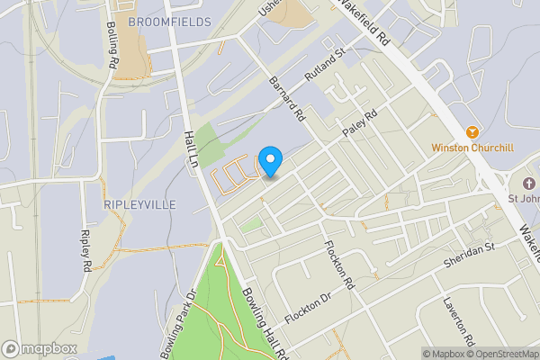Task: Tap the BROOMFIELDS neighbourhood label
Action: coord(169,21)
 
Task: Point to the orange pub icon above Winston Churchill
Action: coord(469,131)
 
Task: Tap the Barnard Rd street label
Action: coord(288,100)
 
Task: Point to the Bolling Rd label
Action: coord(112,46)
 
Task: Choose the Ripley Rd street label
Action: coord(86,249)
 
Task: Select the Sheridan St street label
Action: coord(470,254)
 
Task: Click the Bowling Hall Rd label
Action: coord(265,321)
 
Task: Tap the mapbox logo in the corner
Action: coord(40,348)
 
